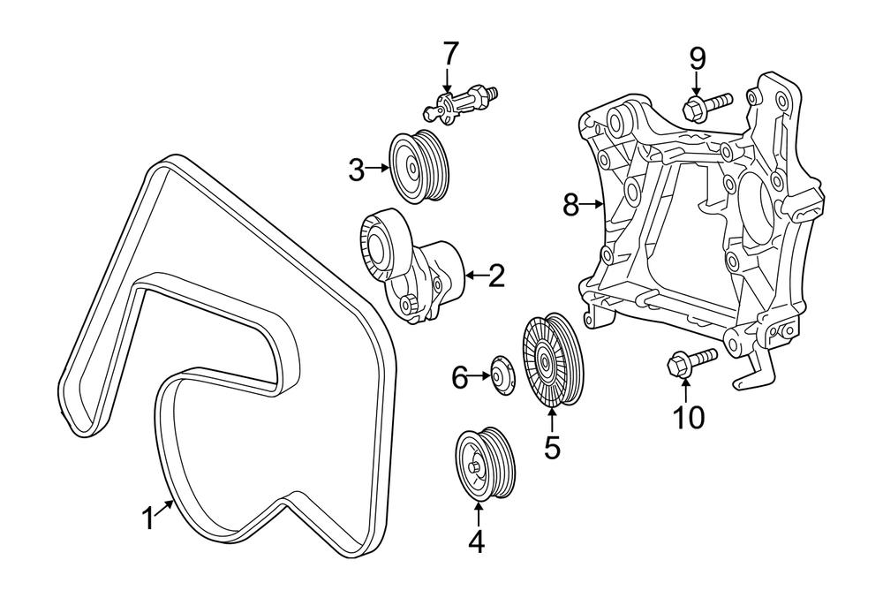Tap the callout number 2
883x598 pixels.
495,276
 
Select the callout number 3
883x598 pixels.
356,169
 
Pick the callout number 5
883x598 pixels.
552,447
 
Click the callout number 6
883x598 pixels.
460,378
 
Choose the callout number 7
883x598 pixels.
450,54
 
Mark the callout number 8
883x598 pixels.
570,206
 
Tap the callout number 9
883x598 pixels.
698,59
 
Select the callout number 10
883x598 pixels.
690,416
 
